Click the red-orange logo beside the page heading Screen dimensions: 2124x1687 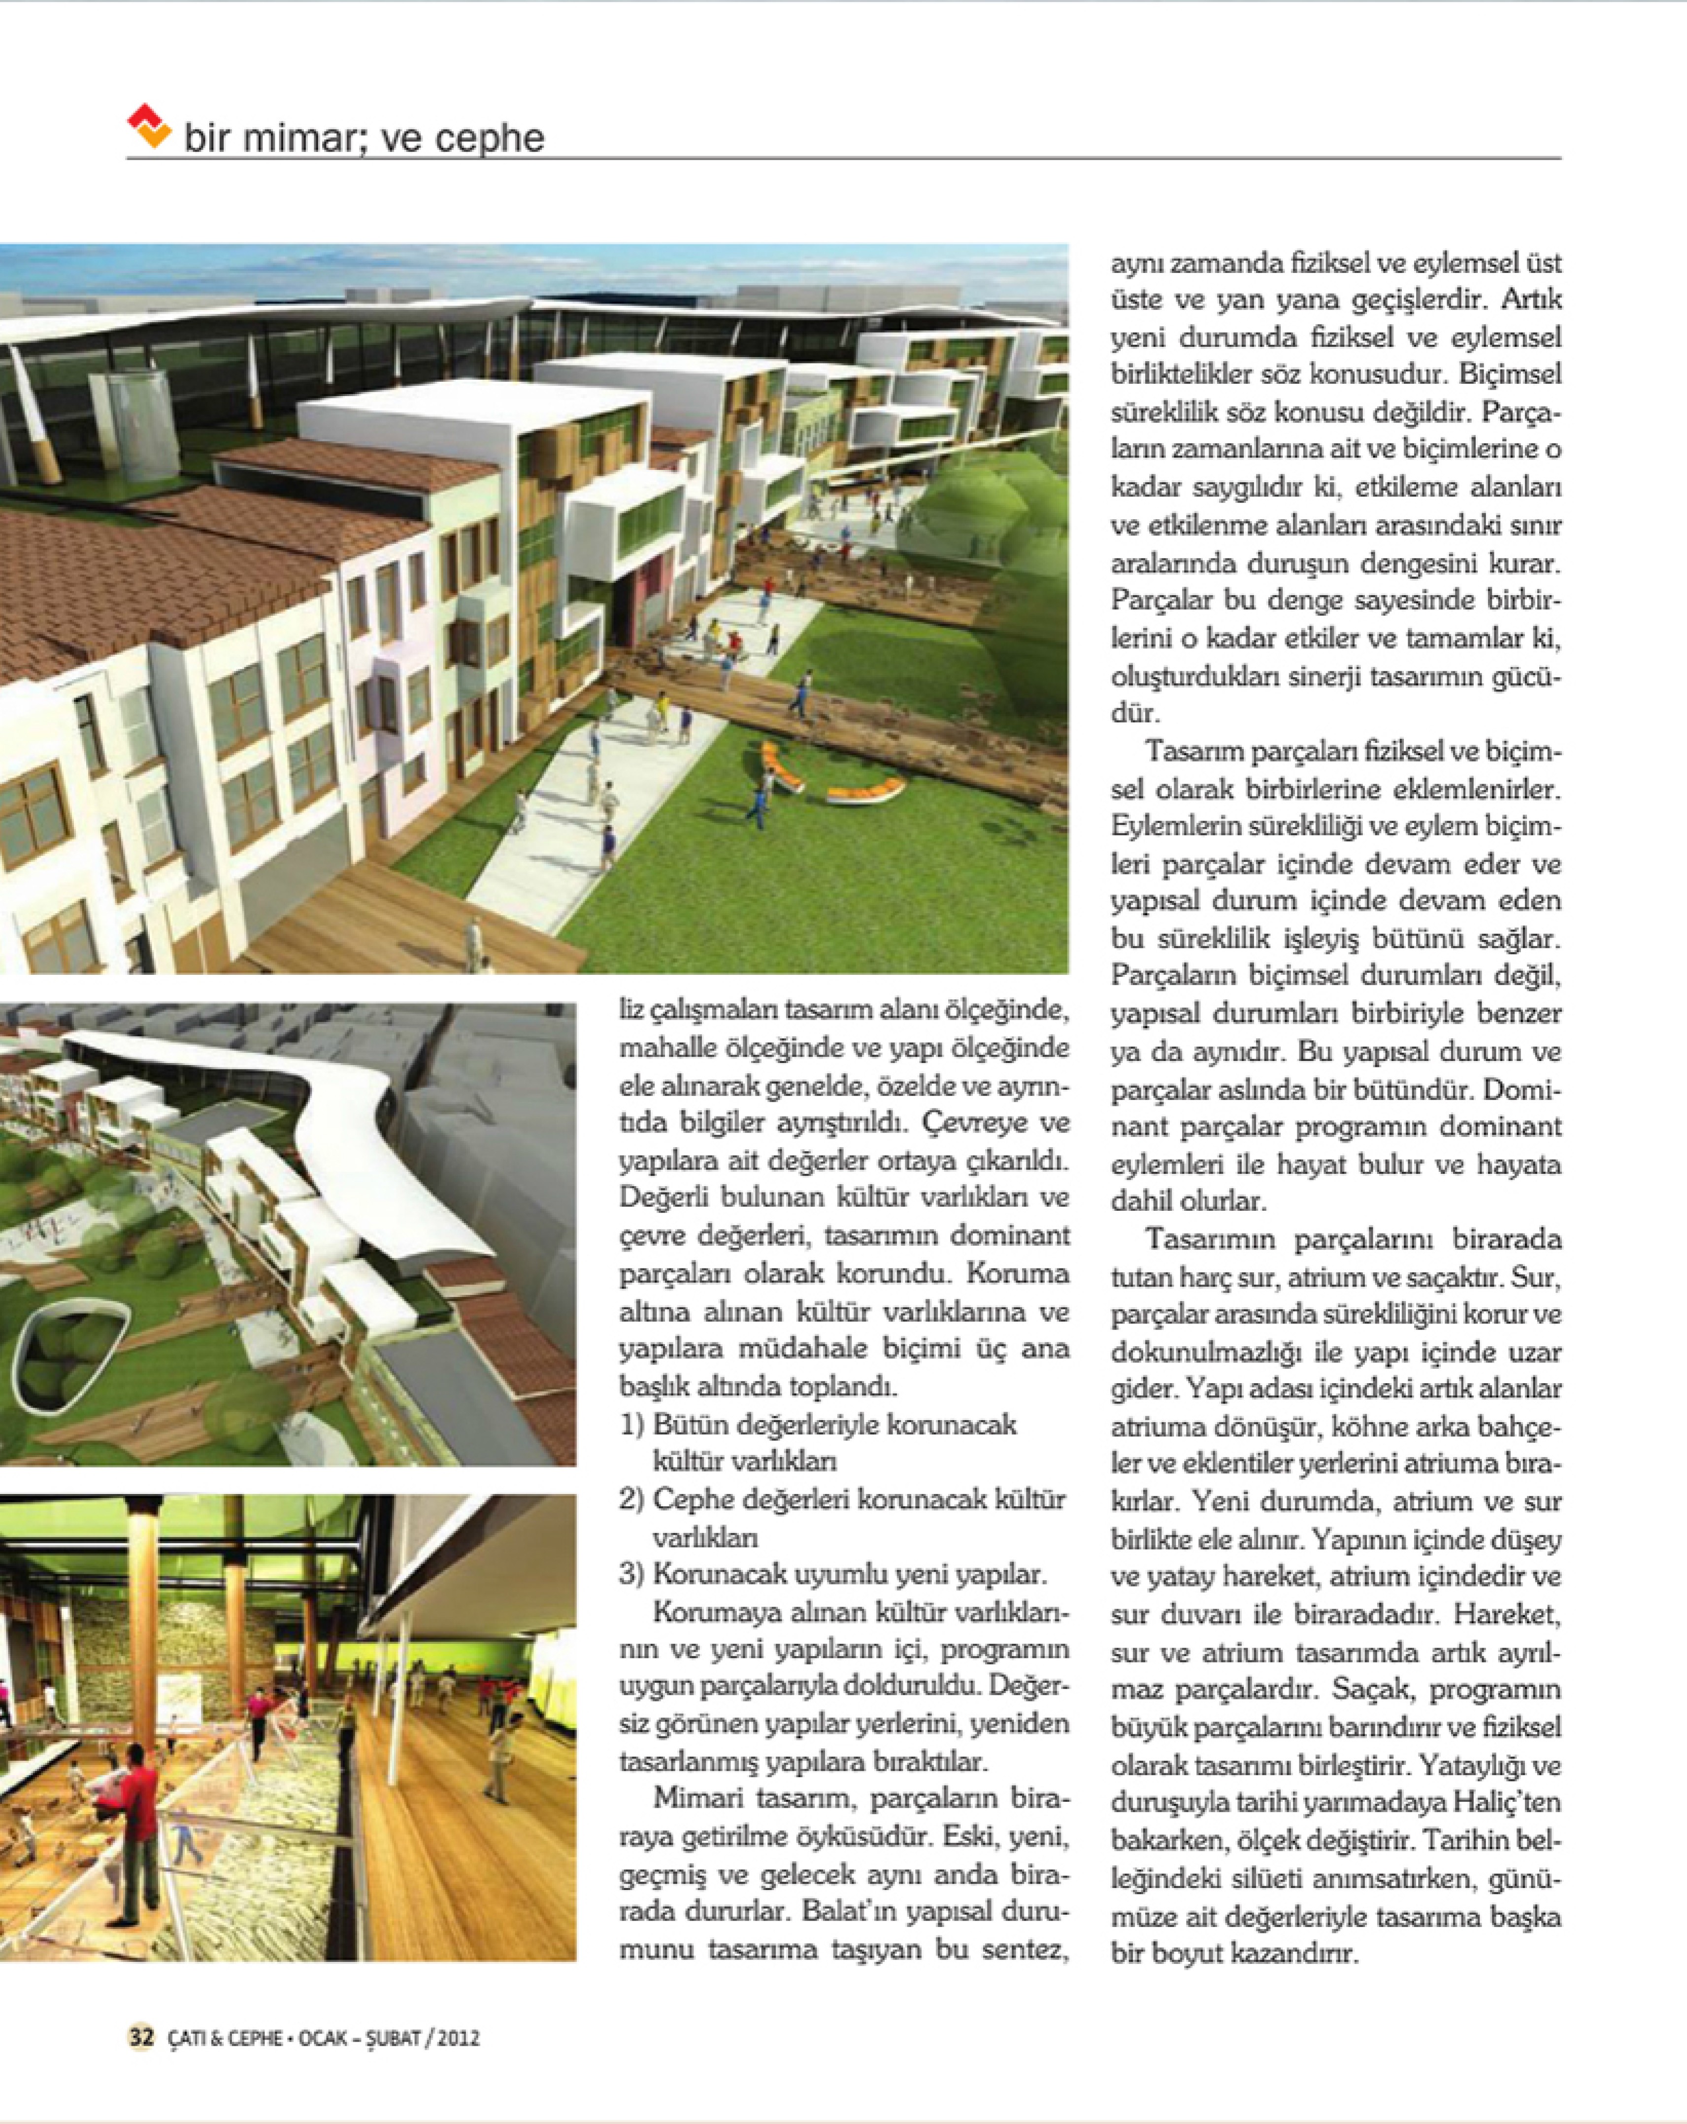click(x=150, y=126)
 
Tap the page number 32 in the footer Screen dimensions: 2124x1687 click(x=141, y=2036)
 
